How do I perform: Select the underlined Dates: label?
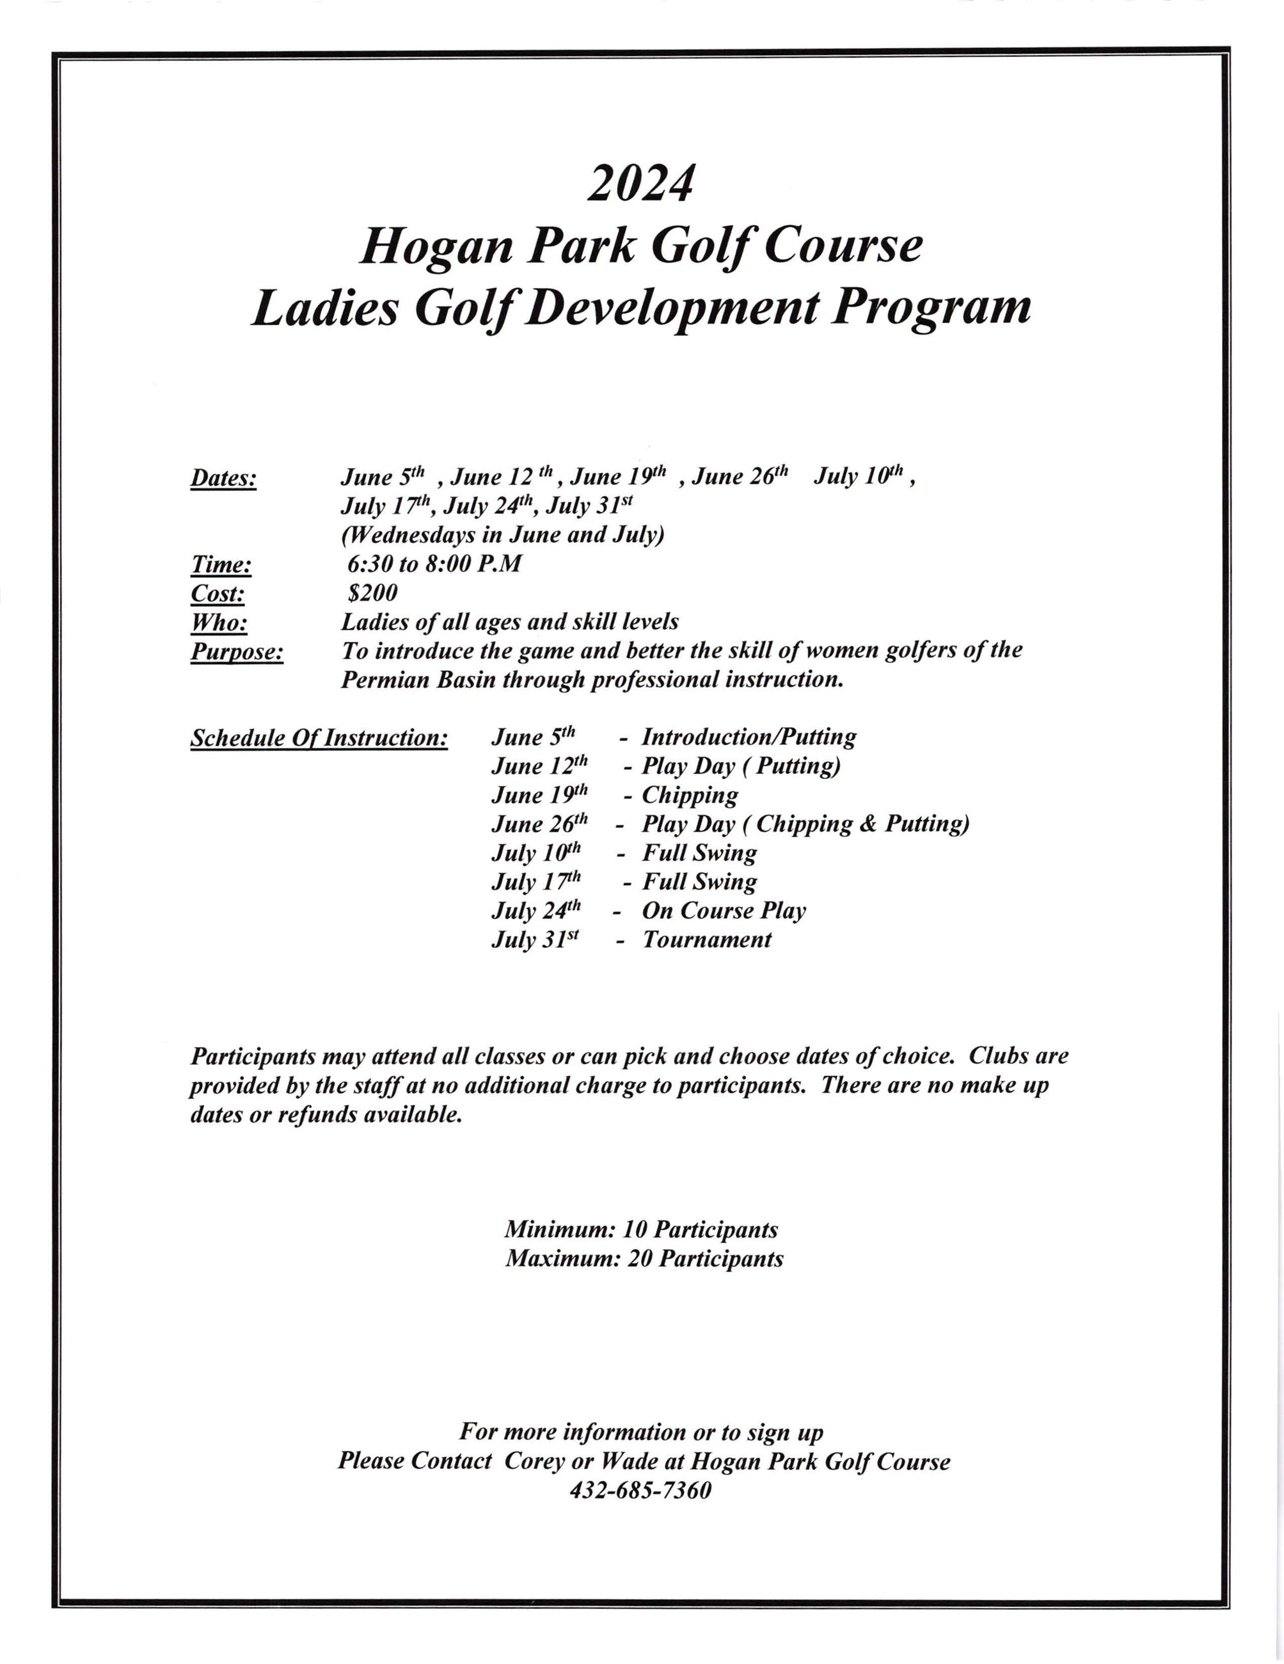(223, 479)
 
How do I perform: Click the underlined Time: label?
(220, 565)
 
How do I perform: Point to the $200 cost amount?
(372, 593)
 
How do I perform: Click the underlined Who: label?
(219, 623)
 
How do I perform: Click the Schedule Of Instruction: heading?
(319, 737)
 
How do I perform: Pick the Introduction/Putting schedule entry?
(749, 737)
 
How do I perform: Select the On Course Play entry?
(724, 911)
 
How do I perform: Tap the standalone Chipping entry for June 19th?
(689, 796)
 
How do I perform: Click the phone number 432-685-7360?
(640, 1491)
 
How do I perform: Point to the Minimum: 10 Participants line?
(640, 1229)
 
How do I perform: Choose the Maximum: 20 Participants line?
(644, 1259)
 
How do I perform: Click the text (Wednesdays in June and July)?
(502, 535)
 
